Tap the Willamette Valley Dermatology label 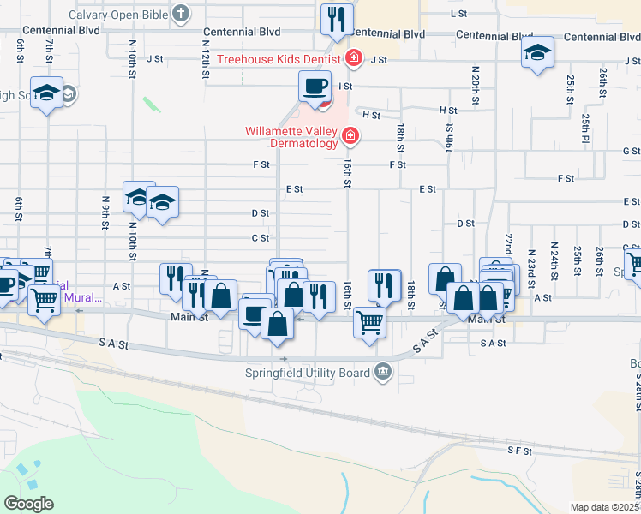pos(292,137)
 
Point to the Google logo pos(28,503)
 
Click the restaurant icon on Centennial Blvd pos(336,18)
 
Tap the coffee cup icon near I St pos(315,87)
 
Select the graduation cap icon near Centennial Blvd pos(537,53)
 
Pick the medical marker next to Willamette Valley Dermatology pos(350,135)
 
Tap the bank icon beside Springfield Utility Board pos(383,373)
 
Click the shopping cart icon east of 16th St pos(369,322)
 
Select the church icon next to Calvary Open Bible pos(180,14)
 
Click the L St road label pos(458,14)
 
